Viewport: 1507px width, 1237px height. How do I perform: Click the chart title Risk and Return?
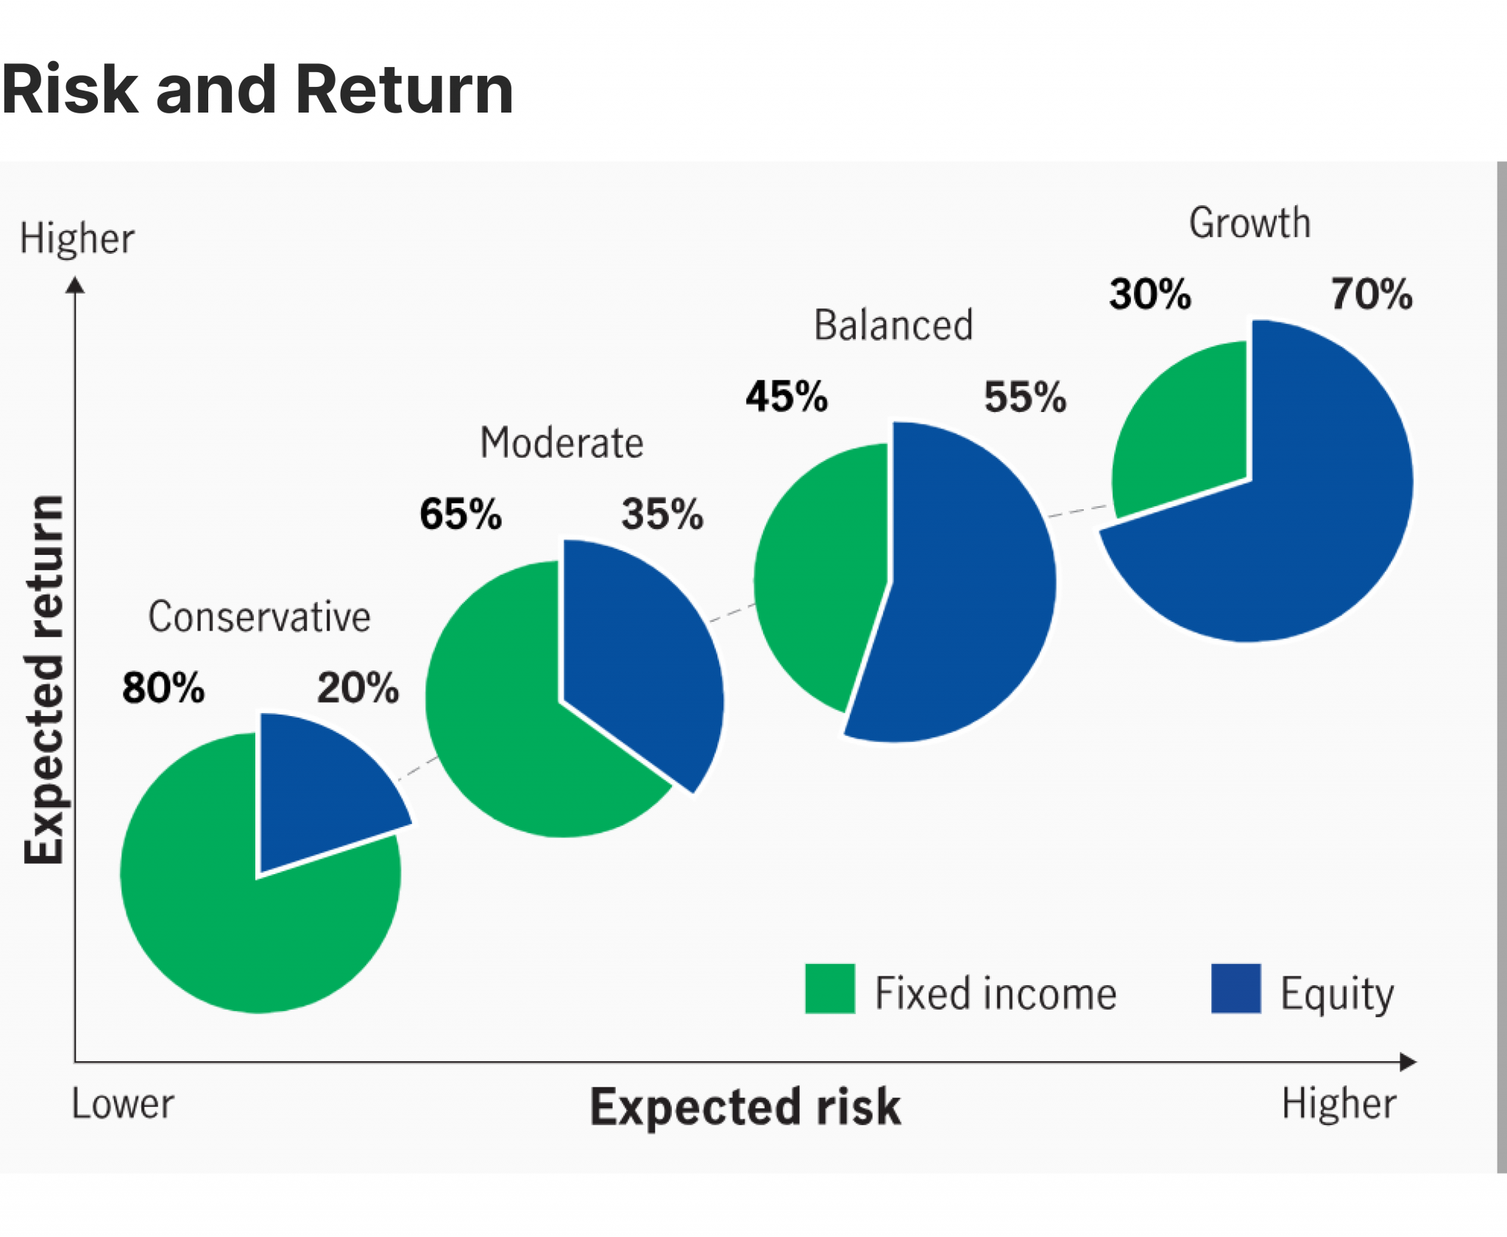pyautogui.click(x=257, y=90)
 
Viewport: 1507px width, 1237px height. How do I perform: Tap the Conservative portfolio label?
pyautogui.click(x=259, y=617)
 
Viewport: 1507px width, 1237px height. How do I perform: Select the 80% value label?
pyautogui.click(x=163, y=688)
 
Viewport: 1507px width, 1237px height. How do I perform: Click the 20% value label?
pyautogui.click(x=358, y=688)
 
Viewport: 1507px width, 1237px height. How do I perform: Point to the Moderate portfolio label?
pyautogui.click(x=561, y=443)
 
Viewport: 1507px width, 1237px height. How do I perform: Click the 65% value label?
pyautogui.click(x=461, y=514)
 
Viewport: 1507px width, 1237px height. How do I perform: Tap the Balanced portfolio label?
pyautogui.click(x=893, y=325)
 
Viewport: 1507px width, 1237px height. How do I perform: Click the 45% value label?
pyautogui.click(x=787, y=397)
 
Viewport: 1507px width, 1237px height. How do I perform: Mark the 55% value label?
pyautogui.click(x=1025, y=397)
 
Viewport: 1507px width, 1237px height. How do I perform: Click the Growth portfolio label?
pyautogui.click(x=1249, y=223)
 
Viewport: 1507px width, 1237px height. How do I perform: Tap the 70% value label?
pyautogui.click(x=1371, y=294)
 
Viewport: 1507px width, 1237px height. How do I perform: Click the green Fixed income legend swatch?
pyautogui.click(x=829, y=988)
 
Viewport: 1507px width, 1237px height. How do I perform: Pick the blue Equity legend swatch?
pyautogui.click(x=1235, y=988)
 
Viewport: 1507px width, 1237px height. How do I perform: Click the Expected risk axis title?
pyautogui.click(x=745, y=1107)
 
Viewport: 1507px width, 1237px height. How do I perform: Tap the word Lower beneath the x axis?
pyautogui.click(x=123, y=1104)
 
